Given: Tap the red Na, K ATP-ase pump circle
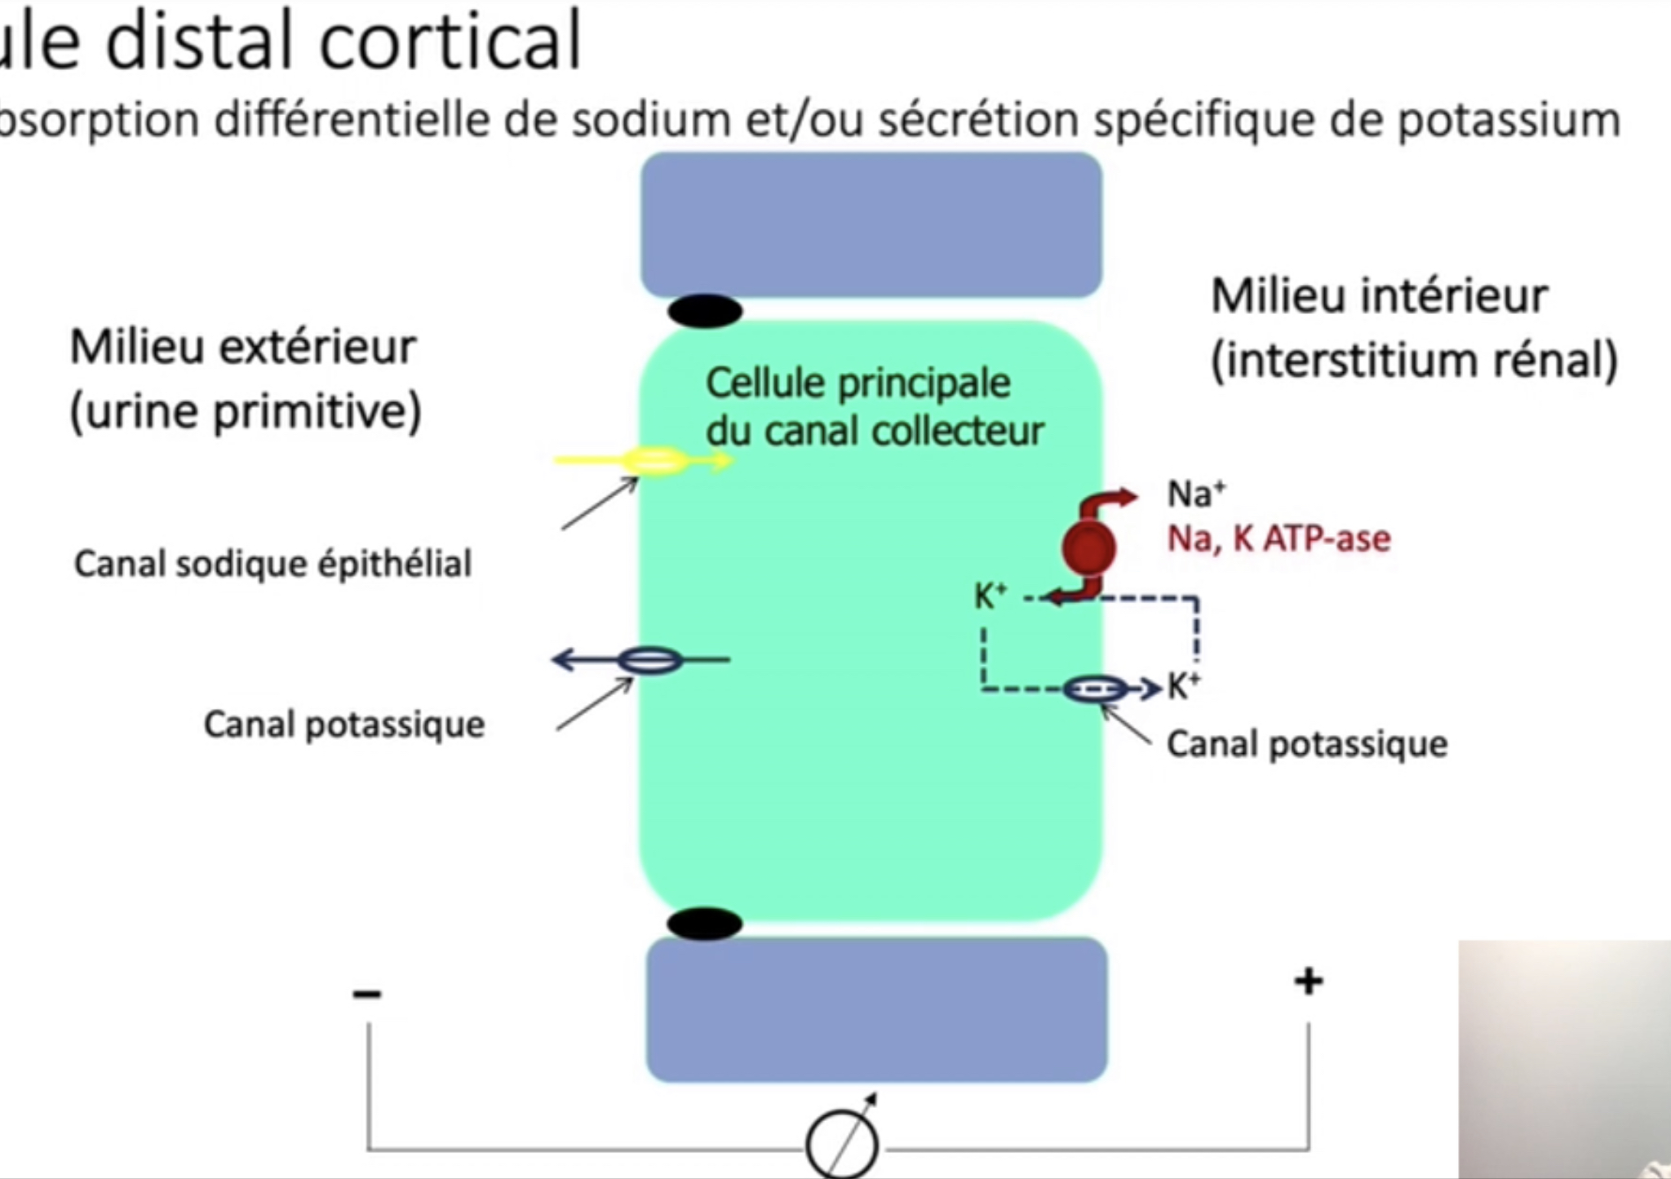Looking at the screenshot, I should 1088,547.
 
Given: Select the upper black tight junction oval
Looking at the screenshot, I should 705,311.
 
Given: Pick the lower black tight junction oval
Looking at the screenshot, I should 704,924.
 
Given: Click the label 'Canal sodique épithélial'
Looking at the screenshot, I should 273,564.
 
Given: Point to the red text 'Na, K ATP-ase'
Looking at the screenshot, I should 1279,539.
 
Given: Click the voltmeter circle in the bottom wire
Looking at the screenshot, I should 842,1144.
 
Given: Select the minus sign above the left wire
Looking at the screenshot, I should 366,993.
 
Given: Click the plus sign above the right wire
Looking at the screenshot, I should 1308,981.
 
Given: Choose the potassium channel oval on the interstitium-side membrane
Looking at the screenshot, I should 1096,689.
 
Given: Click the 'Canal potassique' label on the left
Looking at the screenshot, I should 344,725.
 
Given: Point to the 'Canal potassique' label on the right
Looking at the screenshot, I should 1306,744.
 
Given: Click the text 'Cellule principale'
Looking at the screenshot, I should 858,383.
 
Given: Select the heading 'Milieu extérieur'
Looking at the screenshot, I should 242,347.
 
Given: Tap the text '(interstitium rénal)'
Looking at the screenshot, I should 1414,360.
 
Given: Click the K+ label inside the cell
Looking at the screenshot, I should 990,596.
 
